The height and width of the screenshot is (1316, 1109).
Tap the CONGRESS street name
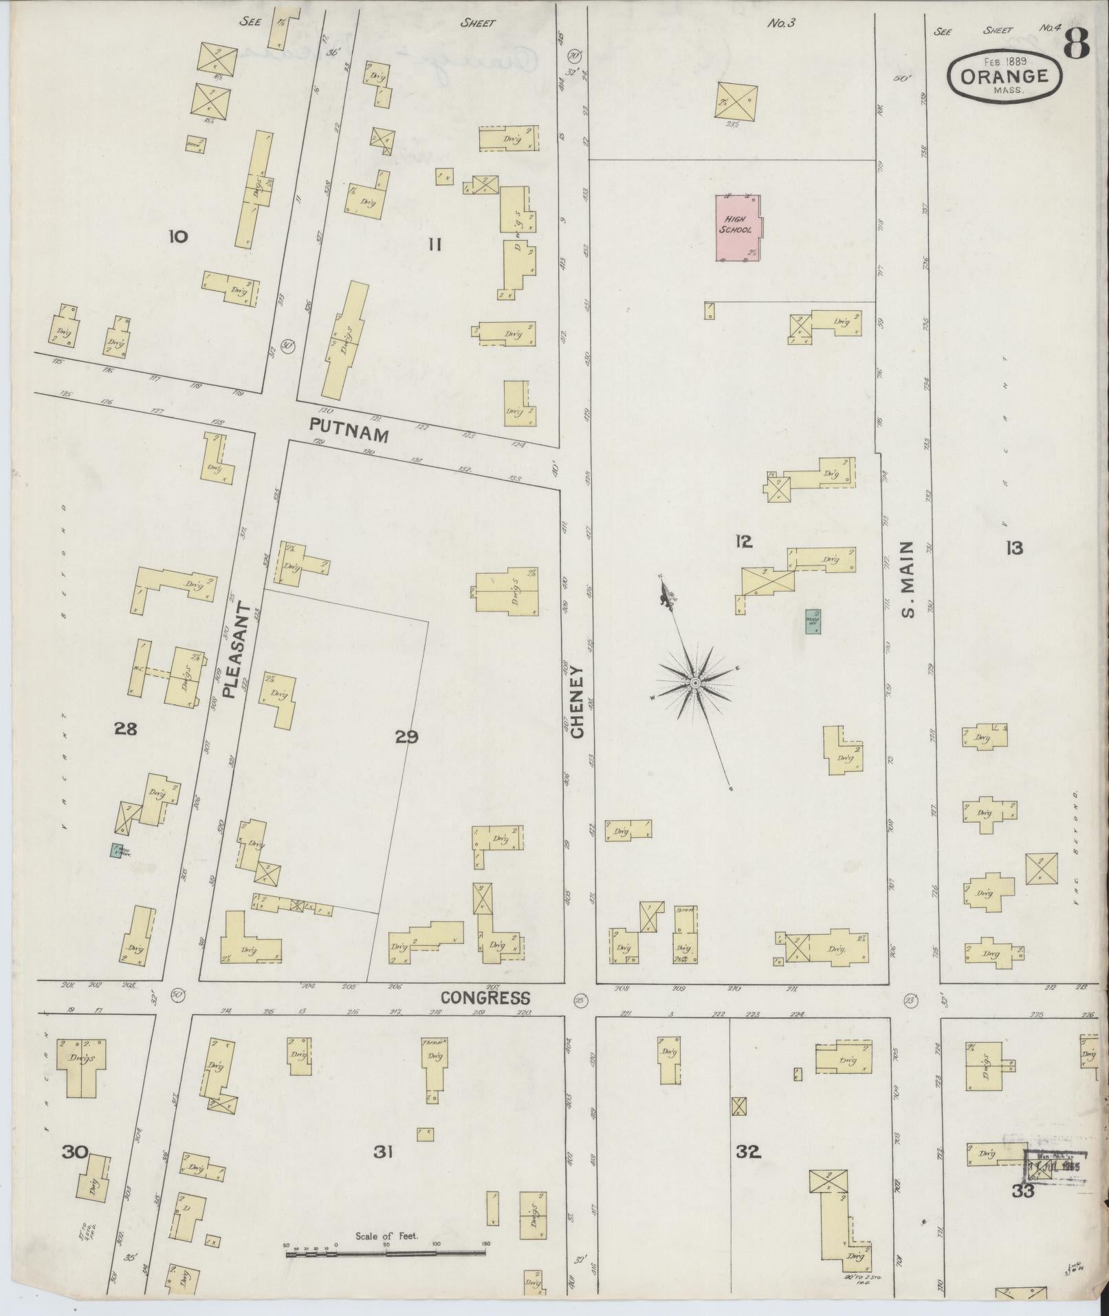(485, 997)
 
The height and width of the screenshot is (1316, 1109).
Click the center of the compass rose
(694, 682)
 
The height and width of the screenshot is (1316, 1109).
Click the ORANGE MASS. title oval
(1004, 77)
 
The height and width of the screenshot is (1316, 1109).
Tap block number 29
(406, 737)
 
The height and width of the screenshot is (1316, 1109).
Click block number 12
(743, 542)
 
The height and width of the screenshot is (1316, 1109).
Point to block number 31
(383, 1151)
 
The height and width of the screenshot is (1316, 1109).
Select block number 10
(177, 237)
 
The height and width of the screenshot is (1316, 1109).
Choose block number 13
(1013, 548)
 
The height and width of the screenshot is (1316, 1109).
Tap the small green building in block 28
(117, 850)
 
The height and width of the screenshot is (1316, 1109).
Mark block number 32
(747, 1151)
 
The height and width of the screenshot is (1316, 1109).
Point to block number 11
(434, 245)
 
